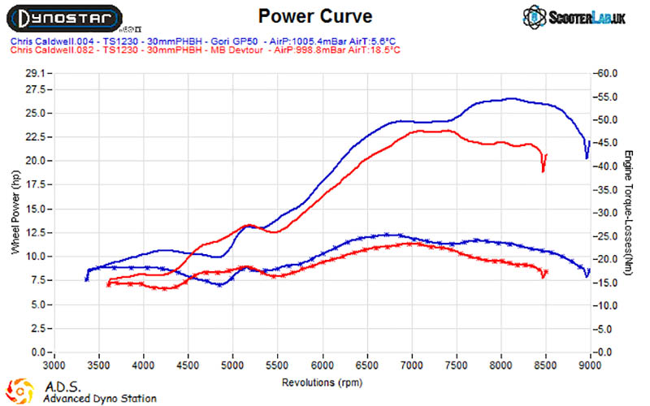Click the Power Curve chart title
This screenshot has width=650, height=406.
(315, 16)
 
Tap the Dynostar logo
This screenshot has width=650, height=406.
(64, 19)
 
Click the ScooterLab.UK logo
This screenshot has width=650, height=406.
(574, 17)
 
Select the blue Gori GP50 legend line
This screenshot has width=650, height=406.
(203, 41)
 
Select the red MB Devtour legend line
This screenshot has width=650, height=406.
(206, 50)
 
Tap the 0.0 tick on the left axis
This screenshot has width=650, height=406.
(38, 352)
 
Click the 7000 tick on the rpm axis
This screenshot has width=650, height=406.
(412, 365)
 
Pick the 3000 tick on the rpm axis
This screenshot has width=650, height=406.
(54, 365)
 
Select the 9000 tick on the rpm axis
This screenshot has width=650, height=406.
(590, 365)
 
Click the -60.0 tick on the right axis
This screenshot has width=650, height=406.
(606, 73)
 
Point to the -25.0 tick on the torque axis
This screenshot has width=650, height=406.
(606, 236)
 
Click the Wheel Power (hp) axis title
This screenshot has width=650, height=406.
(15, 212)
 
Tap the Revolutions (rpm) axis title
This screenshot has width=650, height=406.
(322, 382)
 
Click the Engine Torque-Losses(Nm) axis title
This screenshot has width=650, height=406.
(628, 213)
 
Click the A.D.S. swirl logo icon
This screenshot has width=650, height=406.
(19, 391)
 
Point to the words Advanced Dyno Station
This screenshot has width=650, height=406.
(100, 399)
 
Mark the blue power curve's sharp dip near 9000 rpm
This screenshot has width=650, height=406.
(587, 158)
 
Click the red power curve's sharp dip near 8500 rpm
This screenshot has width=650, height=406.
(543, 171)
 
